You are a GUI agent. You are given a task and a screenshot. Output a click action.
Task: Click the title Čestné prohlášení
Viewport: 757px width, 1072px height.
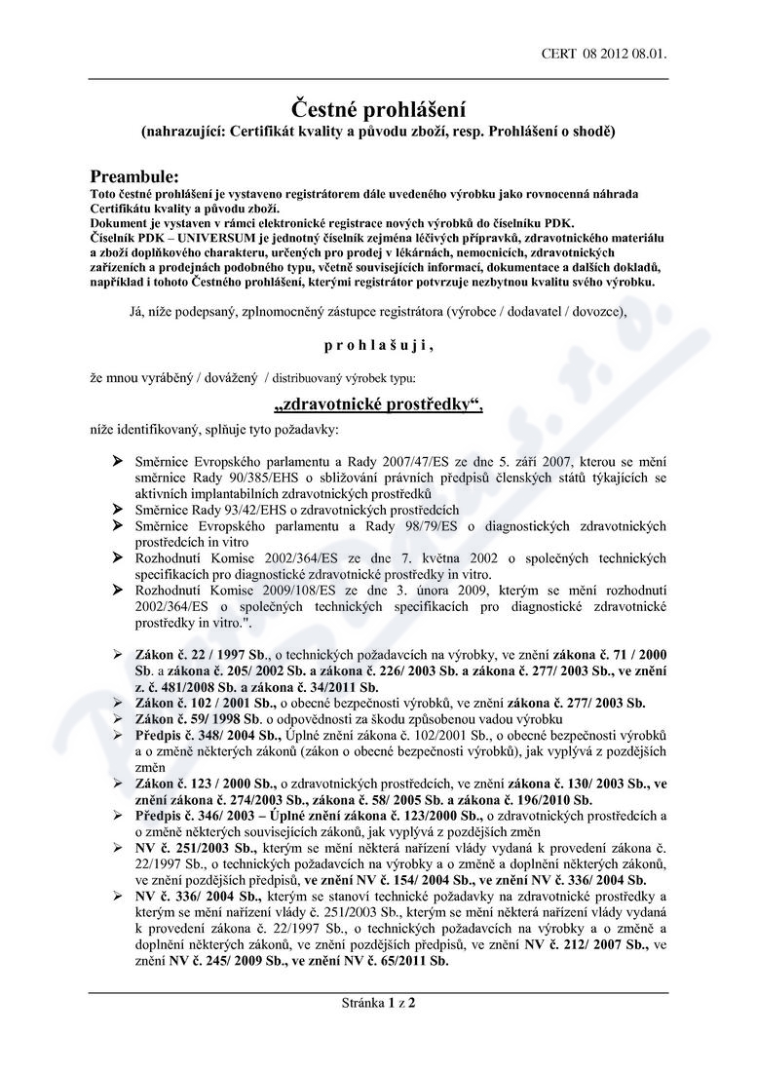click(x=380, y=108)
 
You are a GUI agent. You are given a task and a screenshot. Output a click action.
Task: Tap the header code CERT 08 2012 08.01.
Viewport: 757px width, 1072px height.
click(x=604, y=55)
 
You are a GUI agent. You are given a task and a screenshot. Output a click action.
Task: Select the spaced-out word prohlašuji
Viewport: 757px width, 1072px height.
click(x=379, y=344)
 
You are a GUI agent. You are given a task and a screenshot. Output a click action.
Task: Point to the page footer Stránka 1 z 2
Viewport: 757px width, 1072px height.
click(x=379, y=1001)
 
